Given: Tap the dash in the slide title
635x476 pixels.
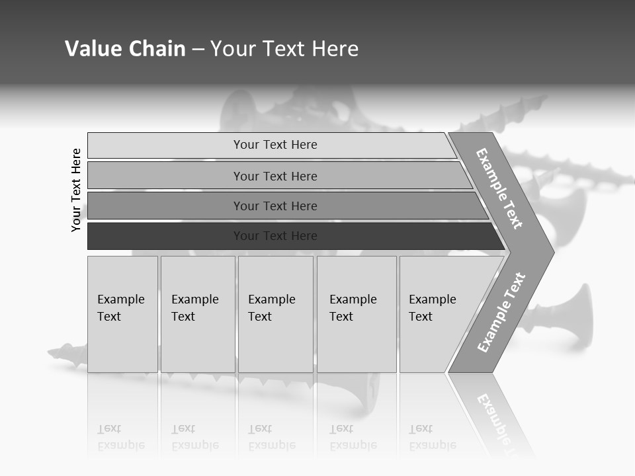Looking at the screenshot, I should coord(198,50).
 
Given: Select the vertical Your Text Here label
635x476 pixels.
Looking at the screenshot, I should coord(76,190).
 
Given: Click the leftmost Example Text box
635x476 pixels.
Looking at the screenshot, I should coord(122,314).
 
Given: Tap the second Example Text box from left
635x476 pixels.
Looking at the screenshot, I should coord(198,314).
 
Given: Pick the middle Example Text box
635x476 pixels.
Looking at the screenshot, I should coord(275,314).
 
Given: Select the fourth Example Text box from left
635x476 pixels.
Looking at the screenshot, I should coord(357,314).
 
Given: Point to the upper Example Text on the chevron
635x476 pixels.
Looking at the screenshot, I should coord(499,188).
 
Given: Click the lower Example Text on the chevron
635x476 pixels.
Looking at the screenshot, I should coord(501,312).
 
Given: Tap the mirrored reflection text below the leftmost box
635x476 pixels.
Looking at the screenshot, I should coord(121,436).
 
